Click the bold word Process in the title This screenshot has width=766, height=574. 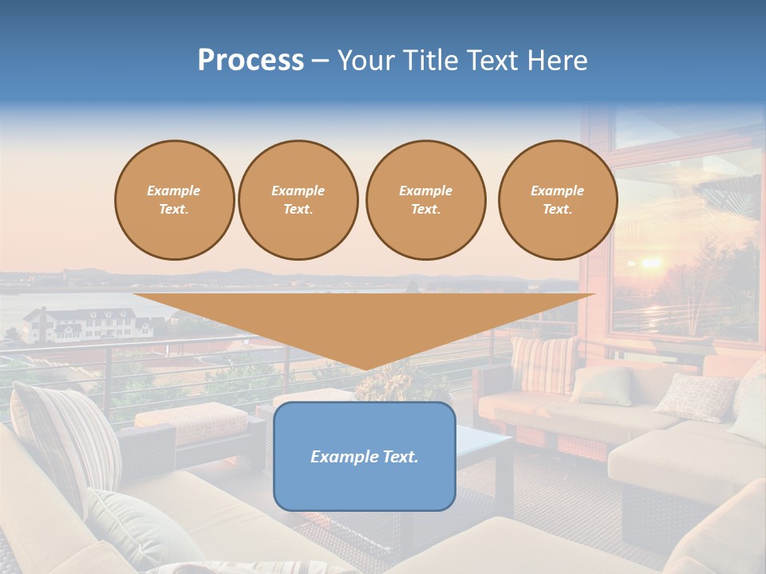click(x=251, y=61)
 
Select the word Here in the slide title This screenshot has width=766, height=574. click(x=558, y=61)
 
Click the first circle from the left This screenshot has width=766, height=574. click(x=174, y=200)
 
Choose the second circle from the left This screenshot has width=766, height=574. click(x=298, y=200)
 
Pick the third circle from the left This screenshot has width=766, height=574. click(x=425, y=200)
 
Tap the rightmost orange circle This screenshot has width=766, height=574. click(x=557, y=200)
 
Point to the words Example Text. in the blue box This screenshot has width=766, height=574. click(x=364, y=457)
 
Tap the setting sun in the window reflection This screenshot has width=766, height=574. click(x=651, y=262)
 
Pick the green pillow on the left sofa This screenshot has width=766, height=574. click(x=140, y=526)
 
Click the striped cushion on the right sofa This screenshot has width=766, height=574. click(x=543, y=364)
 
